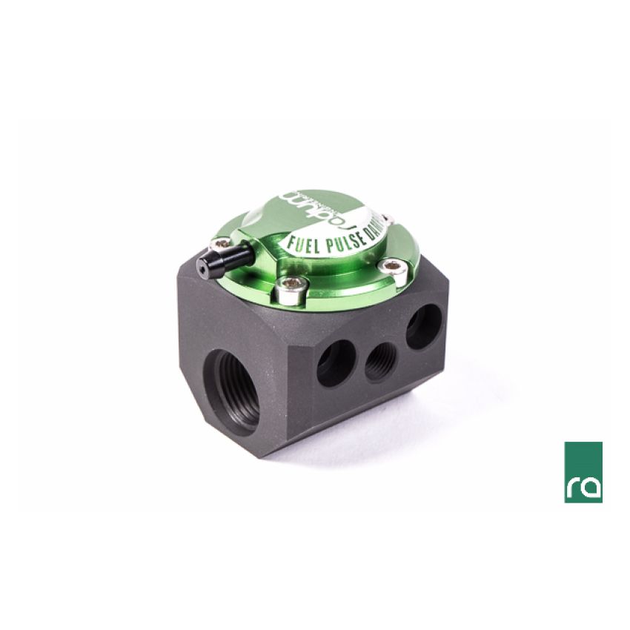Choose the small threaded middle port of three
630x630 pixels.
tap(379, 361)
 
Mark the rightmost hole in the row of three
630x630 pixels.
tap(422, 326)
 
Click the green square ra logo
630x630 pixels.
tap(583, 471)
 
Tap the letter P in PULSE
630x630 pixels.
tap(331, 241)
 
